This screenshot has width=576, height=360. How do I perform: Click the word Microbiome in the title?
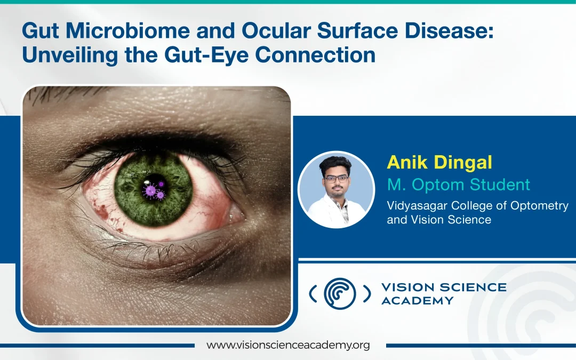pyautogui.click(x=128, y=30)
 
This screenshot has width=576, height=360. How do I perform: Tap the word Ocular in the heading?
pyautogui.click(x=276, y=30)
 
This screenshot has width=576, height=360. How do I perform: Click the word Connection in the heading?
pyautogui.click(x=315, y=55)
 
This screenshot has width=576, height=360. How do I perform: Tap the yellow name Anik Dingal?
pyautogui.click(x=439, y=163)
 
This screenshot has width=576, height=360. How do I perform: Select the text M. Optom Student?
pyautogui.click(x=459, y=185)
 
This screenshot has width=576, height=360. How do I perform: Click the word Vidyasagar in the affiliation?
pyautogui.click(x=417, y=206)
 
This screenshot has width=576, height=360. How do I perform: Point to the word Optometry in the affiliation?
pyautogui.click(x=540, y=206)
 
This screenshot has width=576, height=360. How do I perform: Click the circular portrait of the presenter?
pyautogui.click(x=336, y=190)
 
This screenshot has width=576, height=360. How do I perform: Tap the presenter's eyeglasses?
pyautogui.click(x=336, y=179)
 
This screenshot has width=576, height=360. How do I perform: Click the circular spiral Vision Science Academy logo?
pyautogui.click(x=340, y=293)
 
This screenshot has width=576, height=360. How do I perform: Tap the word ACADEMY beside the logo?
pyautogui.click(x=418, y=300)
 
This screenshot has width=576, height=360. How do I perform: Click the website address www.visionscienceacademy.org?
pyautogui.click(x=288, y=345)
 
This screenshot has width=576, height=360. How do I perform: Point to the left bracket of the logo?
pyautogui.click(x=313, y=294)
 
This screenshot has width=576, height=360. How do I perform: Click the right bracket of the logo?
pyautogui.click(x=366, y=294)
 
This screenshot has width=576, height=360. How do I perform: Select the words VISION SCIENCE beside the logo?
pyautogui.click(x=444, y=287)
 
